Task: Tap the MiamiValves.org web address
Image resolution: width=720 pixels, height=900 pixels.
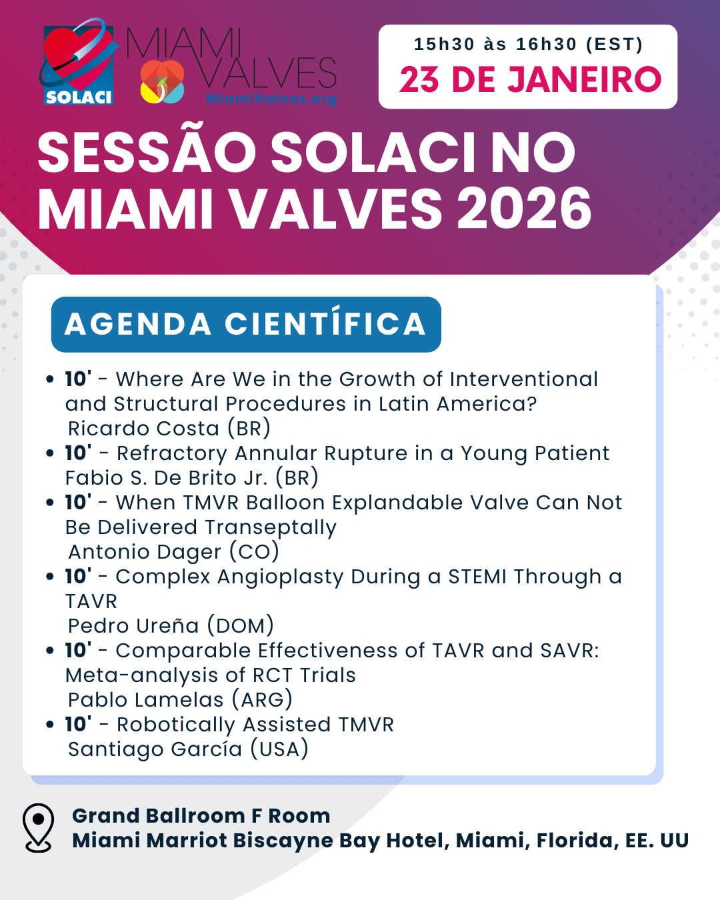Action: pyautogui.click(x=271, y=99)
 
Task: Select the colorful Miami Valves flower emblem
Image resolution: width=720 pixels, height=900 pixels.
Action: pyautogui.click(x=162, y=81)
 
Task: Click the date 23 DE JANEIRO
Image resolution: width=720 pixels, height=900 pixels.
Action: pyautogui.click(x=530, y=79)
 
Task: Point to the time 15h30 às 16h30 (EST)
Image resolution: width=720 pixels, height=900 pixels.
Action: pyautogui.click(x=528, y=44)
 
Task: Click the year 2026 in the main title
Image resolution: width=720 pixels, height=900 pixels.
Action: pyautogui.click(x=525, y=208)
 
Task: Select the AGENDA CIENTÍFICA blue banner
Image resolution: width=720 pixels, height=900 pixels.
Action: pyautogui.click(x=246, y=325)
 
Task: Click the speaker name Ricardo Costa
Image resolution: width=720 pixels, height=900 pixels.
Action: pyautogui.click(x=143, y=428)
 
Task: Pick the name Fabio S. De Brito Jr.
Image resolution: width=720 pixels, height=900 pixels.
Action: pyautogui.click(x=167, y=477)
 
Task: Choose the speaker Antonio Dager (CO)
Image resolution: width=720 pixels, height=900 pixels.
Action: pyautogui.click(x=173, y=552)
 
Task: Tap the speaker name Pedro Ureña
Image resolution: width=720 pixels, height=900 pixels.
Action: pyautogui.click(x=133, y=625)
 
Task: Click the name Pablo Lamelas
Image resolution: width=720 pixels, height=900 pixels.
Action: pyautogui.click(x=145, y=700)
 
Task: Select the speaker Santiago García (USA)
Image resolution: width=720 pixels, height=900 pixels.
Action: pyautogui.click(x=188, y=749)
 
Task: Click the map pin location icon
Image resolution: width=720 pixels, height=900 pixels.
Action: pyautogui.click(x=39, y=827)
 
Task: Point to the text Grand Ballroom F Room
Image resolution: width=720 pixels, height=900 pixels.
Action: pyautogui.click(x=201, y=815)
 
